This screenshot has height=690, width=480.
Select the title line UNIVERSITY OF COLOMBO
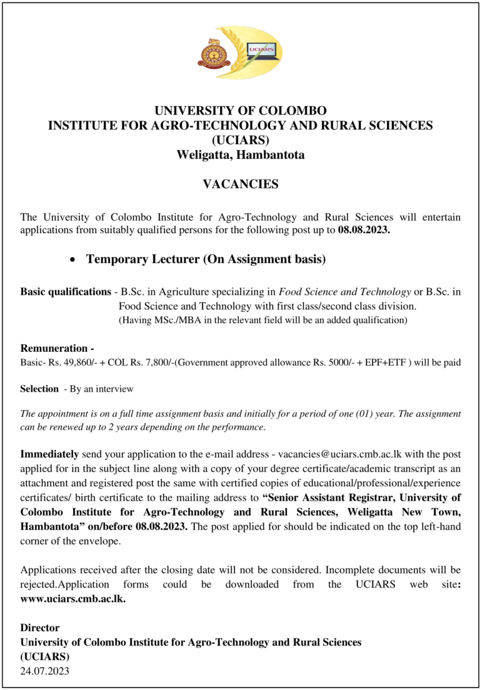click(241, 111)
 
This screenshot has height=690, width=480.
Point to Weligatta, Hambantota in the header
click(241, 154)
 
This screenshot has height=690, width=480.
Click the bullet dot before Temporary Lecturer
click(73, 259)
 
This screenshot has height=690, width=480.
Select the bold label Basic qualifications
click(66, 292)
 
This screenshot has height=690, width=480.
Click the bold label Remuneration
click(54, 349)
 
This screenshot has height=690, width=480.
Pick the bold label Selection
click(39, 389)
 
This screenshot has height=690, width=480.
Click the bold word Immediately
click(50, 454)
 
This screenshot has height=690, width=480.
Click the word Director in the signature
click(40, 628)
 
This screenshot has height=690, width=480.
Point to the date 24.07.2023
click(45, 671)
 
